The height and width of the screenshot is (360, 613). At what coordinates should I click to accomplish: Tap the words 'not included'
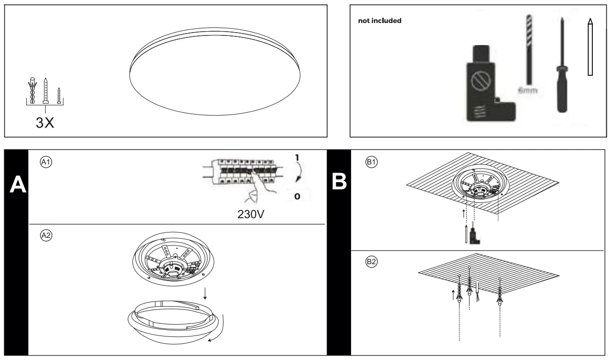[380, 21]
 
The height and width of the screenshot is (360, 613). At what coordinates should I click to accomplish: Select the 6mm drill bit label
[528, 91]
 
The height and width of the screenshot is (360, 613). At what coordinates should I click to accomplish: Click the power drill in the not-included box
[484, 87]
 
